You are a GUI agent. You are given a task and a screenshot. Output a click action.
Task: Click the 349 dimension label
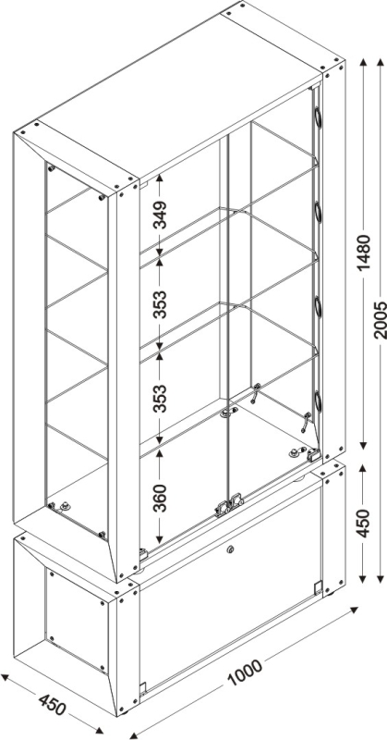(x=162, y=215)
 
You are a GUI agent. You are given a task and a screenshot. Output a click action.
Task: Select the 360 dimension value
(x=162, y=498)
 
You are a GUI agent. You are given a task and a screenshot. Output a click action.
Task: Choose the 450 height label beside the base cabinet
(x=363, y=523)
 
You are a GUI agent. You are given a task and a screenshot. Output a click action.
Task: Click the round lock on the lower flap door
(x=230, y=549)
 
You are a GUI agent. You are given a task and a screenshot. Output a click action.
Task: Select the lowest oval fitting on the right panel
(x=318, y=401)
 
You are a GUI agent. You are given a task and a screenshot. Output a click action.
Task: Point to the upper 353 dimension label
(x=162, y=304)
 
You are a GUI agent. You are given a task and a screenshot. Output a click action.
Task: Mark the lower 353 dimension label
(x=162, y=399)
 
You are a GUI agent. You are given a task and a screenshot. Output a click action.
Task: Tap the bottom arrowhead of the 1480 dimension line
(x=363, y=445)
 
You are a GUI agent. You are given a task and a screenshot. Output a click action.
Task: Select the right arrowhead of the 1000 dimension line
(x=354, y=610)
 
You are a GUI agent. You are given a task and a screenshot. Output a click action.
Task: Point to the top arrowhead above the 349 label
(x=160, y=179)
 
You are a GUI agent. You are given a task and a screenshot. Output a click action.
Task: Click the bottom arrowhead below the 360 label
(x=160, y=538)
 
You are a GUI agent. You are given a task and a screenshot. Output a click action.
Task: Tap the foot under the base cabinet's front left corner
(x=124, y=712)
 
